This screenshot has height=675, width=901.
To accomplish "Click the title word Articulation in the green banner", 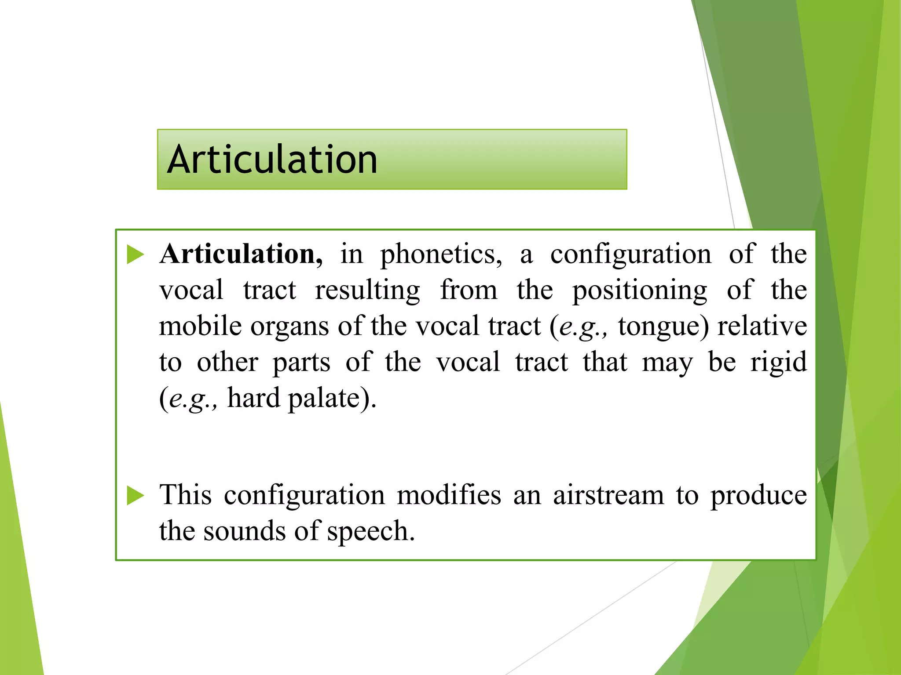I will point(272,160).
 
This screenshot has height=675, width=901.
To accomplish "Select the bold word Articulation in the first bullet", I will point(241,254).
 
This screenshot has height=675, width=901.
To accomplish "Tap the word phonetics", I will point(441,255).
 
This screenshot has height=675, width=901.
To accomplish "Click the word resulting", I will point(367,291).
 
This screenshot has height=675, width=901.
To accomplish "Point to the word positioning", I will point(640,291).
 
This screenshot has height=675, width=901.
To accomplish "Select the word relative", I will point(762,327).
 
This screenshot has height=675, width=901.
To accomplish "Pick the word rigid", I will point(778,363).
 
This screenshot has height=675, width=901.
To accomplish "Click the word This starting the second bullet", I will point(185,495).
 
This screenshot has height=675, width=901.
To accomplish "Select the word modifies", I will point(449,495).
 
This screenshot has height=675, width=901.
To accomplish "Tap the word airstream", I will point(608,495).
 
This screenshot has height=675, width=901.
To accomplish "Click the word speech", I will point(370,532).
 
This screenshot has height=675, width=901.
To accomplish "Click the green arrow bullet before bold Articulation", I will point(135,255).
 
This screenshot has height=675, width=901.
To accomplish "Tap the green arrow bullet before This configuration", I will point(135,496).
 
